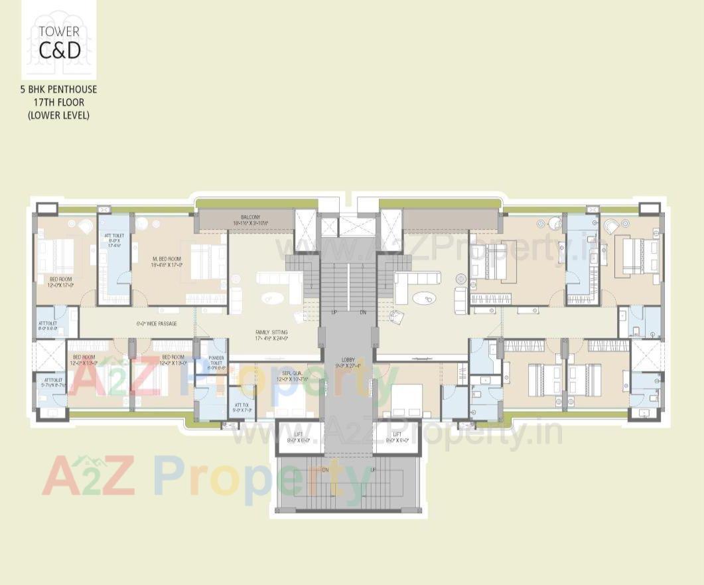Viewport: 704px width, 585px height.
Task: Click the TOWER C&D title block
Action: [x=59, y=41]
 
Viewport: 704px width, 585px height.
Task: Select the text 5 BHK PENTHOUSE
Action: [x=59, y=89]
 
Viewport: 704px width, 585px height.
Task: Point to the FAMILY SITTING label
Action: [x=271, y=335]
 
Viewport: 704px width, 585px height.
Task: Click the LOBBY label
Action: [x=348, y=362]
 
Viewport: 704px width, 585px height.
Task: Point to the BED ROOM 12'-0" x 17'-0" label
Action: [x=61, y=282]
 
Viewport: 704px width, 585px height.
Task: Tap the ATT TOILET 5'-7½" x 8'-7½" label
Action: [x=50, y=382]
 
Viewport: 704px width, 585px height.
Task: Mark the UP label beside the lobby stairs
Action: [x=334, y=311]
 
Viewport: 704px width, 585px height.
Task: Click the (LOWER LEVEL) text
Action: [x=59, y=115]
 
